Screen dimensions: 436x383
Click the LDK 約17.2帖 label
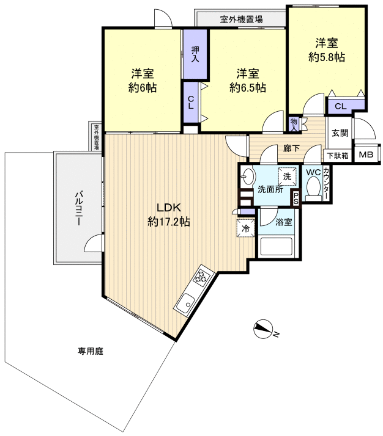tap(168, 214)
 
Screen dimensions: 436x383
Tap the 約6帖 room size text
tap(143, 88)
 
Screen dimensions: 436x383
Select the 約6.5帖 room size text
tap(248, 88)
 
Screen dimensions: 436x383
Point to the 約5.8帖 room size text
tap(326, 57)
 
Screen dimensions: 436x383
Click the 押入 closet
tap(195, 54)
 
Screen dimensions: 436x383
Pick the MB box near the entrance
tap(365, 155)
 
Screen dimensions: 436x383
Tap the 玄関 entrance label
tap(340, 133)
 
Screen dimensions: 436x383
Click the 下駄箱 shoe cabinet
tap(337, 156)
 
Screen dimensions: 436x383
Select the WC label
tap(313, 172)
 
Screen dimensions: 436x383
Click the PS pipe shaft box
tap(296, 198)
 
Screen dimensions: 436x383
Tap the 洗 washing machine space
tap(286, 176)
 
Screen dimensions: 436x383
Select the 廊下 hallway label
tap(291, 148)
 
